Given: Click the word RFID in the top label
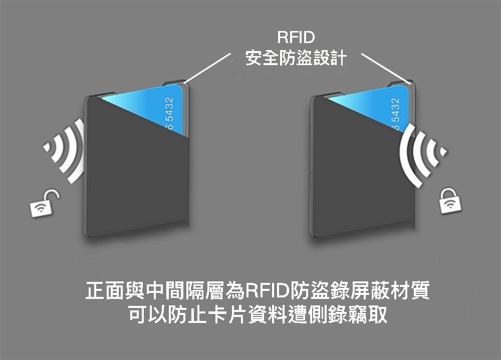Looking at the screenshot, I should (x=295, y=39).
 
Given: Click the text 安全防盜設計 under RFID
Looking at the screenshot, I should (x=296, y=59).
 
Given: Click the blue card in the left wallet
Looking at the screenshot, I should (x=150, y=103).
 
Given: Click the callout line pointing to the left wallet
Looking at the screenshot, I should (x=208, y=67).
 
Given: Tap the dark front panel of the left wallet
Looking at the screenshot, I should (x=133, y=170).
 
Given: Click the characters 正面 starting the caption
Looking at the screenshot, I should (x=105, y=291).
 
